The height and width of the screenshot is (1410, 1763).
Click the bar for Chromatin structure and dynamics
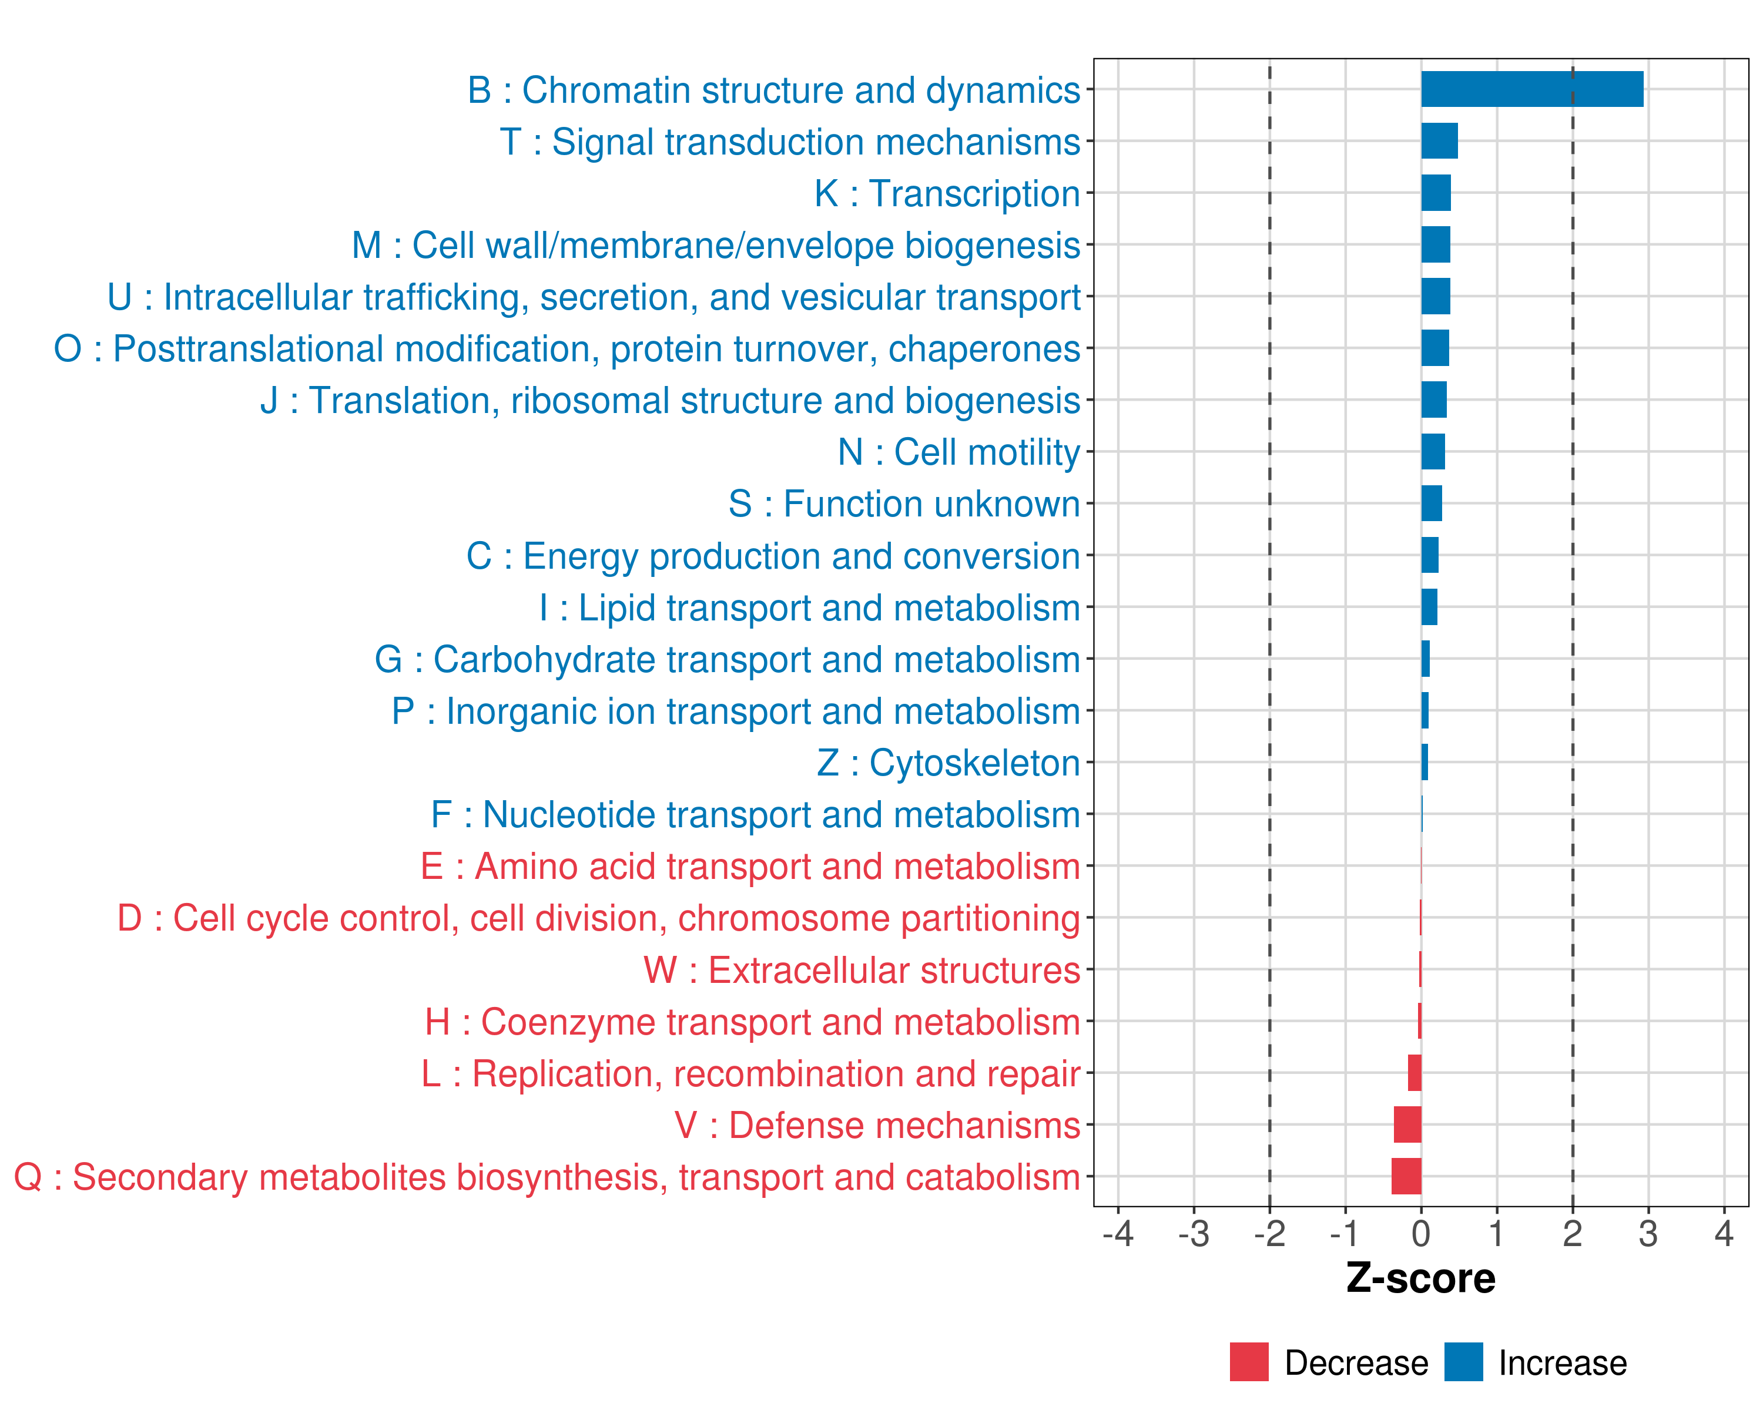coord(1531,89)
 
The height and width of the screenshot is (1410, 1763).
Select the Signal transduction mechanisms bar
coord(1439,140)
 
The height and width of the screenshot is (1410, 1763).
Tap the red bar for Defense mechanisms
coord(1407,1124)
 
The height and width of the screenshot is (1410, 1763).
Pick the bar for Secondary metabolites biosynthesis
coord(1406,1176)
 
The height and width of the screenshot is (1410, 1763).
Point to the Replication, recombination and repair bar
coord(1415,1072)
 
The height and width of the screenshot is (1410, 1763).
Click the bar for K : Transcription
coord(1436,193)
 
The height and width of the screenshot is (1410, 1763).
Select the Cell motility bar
coord(1433,451)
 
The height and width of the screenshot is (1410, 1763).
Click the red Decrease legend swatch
coord(1249,1362)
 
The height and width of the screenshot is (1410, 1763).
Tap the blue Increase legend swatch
coord(1463,1362)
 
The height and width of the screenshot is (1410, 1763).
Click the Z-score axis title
coord(1420,1278)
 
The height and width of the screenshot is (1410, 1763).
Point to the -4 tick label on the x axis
coord(1118,1233)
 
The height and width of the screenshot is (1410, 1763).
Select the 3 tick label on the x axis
coord(1648,1233)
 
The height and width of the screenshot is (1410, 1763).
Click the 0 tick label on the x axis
coord(1421,1233)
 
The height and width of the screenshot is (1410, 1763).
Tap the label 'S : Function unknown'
coord(904,503)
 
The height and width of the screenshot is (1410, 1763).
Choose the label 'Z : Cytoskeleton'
coord(948,763)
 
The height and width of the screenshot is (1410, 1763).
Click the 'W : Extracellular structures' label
coord(862,970)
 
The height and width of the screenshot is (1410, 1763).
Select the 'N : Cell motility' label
coord(959,452)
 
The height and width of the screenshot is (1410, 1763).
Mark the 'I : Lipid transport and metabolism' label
coord(810,608)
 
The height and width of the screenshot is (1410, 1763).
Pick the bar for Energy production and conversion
coord(1429,555)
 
